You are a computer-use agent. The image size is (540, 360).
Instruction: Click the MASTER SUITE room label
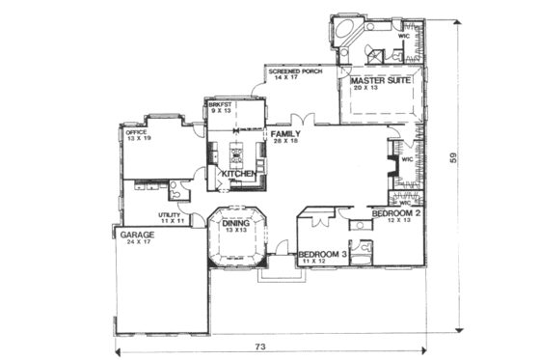382,81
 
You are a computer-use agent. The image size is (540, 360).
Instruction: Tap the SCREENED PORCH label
295,71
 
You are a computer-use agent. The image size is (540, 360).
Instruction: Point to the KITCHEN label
238,174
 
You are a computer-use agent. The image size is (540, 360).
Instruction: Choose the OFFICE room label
137,132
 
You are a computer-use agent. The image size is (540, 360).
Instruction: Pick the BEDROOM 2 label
396,212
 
